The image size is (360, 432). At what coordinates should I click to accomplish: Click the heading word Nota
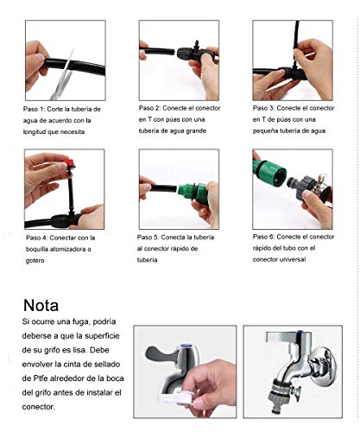[41, 305]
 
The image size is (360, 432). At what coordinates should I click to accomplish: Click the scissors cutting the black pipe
[63, 75]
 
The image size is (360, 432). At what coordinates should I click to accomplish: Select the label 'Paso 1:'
[34, 109]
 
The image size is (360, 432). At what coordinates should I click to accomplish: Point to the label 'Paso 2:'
[149, 108]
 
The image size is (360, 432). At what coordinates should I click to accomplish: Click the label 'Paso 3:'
[263, 108]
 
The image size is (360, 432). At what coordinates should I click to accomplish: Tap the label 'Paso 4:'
[36, 238]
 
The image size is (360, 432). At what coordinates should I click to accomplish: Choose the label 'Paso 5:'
[148, 238]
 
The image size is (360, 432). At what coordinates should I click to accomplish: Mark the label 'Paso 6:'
[263, 237]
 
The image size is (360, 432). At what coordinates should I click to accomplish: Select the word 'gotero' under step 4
[35, 261]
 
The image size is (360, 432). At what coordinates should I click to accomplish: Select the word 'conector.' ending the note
[39, 407]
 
